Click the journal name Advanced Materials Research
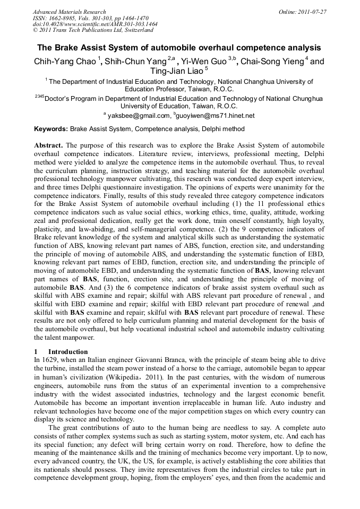pos(70,12)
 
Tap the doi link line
pos(95,24)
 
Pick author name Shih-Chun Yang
pos(135,62)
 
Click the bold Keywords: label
pos(51,129)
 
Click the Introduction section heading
pos(68,352)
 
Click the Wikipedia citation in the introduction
pos(121,377)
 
